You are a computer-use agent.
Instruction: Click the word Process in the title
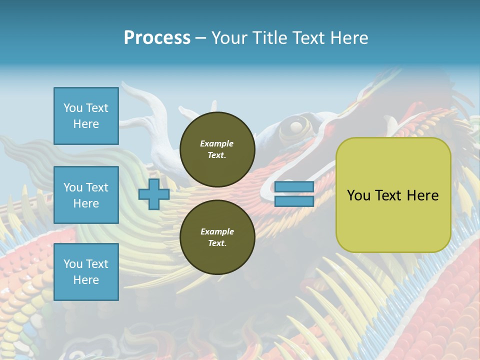tap(157, 38)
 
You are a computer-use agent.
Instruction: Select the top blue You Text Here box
tap(86, 116)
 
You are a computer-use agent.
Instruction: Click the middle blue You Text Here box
tap(86, 195)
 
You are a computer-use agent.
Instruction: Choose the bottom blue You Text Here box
tap(86, 272)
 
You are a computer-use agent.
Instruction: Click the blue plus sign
tap(153, 194)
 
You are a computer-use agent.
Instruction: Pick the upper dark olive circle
tap(217, 149)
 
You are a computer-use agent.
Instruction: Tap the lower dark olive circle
tap(217, 237)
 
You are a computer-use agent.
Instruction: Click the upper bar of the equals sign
tap(294, 186)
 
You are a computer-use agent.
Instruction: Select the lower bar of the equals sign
tap(294, 201)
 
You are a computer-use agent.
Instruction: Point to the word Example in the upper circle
tap(217, 143)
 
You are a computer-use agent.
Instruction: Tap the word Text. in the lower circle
tap(217, 243)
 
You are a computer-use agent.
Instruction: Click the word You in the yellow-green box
tap(359, 195)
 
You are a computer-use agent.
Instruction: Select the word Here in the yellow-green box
tap(422, 195)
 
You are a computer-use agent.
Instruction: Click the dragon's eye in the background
tap(296, 126)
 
